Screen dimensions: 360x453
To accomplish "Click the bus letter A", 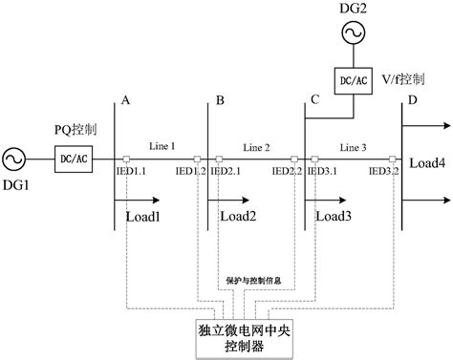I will (125, 100).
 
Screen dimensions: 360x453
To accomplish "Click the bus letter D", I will (413, 100).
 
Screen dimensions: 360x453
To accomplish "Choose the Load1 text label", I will (143, 216).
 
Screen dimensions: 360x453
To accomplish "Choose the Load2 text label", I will (238, 216).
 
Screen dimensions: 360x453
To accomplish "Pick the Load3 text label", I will (334, 216).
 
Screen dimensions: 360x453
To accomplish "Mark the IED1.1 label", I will (132, 172).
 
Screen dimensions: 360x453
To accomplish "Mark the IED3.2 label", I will (383, 172).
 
